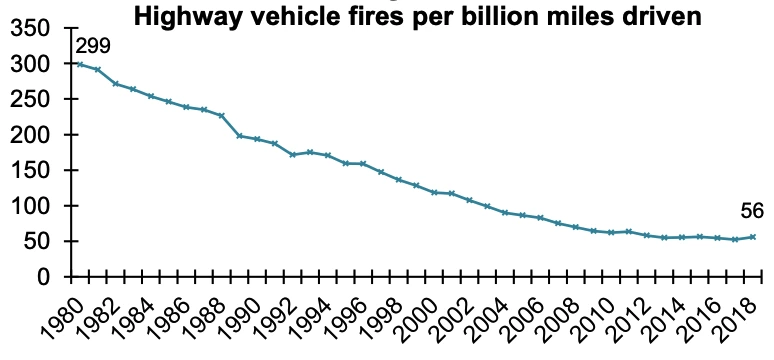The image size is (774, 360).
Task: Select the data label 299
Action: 93,46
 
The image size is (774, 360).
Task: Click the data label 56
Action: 752,211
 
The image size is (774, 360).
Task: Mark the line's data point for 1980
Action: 80,64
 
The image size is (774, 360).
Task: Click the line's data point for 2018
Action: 753,237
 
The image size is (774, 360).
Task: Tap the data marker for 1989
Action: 239,136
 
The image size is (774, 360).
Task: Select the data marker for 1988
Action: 222,116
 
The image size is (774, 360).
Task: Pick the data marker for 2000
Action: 434,193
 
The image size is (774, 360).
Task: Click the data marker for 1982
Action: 116,84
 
